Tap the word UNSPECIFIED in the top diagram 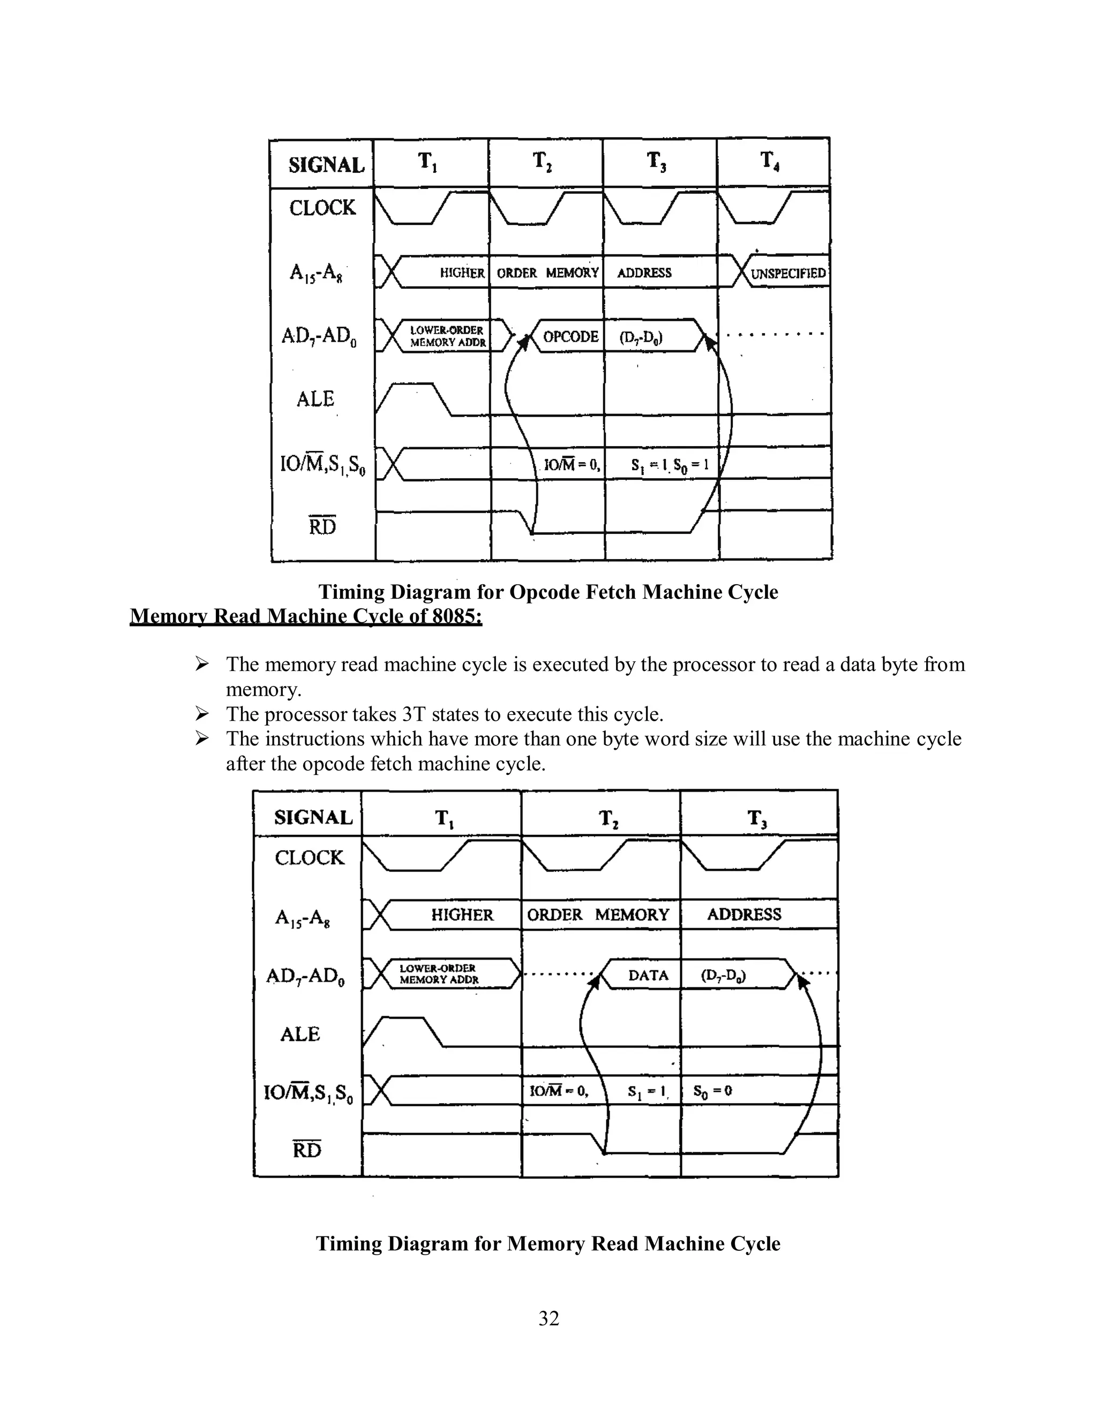coord(787,274)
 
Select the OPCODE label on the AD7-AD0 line coord(570,337)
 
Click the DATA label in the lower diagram coord(648,975)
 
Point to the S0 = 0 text coord(712,1091)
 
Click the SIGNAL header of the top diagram coord(326,165)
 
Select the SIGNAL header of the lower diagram coord(313,817)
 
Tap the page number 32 coord(548,1318)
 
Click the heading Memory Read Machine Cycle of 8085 coord(305,616)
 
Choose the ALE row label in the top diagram coord(315,399)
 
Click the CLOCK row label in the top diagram coord(322,208)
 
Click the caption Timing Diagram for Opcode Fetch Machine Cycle coord(548,592)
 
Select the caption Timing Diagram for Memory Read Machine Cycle coord(548,1243)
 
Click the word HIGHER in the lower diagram coord(462,915)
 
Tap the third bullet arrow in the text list coord(201,739)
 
